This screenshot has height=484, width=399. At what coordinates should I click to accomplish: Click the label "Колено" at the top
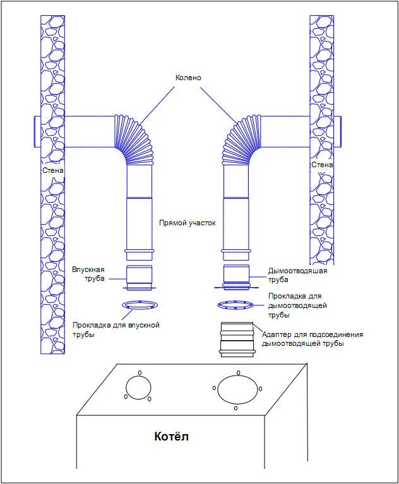188,77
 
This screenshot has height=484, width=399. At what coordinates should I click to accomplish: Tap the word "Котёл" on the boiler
172,436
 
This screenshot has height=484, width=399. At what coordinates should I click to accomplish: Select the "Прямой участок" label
187,223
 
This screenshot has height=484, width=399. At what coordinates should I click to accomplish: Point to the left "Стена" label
53,170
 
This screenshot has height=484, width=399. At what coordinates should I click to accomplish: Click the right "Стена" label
321,165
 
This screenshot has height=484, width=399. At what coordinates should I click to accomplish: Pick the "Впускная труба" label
88,273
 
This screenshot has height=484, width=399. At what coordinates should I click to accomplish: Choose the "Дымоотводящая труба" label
297,275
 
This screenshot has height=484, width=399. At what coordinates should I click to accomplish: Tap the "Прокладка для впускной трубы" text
116,329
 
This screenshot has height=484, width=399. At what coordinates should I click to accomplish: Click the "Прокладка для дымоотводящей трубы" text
297,305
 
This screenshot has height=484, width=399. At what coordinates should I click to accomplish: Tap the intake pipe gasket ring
140,306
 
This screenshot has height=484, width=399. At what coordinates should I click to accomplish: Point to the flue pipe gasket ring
236,306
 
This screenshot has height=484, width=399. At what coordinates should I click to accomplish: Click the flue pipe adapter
237,339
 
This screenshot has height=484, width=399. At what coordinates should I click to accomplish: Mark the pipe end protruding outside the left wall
35,131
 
